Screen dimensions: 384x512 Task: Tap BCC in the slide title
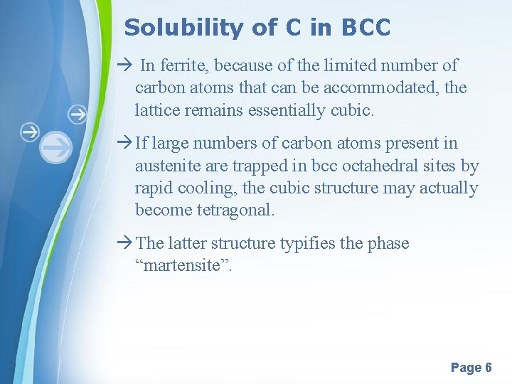click(x=366, y=28)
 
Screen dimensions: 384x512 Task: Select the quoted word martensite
click(x=186, y=265)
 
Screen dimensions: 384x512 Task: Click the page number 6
click(x=488, y=368)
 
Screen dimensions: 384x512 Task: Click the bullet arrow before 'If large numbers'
click(x=126, y=144)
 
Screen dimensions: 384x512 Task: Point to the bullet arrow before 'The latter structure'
click(x=126, y=243)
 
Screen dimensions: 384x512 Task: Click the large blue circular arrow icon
click(x=55, y=149)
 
